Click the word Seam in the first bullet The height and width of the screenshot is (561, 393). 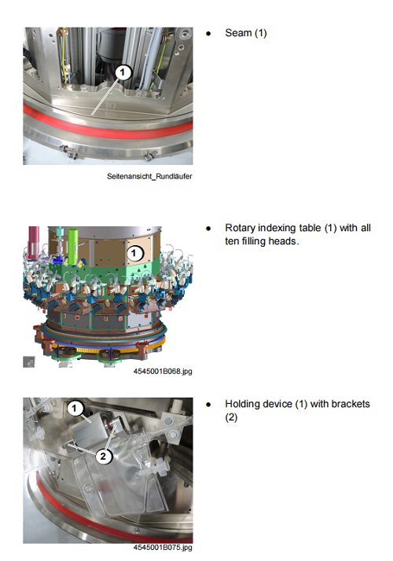click(x=238, y=33)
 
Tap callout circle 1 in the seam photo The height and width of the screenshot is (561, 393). click(x=123, y=72)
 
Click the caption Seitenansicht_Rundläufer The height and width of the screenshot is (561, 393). click(x=149, y=176)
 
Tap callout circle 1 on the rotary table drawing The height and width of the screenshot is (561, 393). click(x=134, y=253)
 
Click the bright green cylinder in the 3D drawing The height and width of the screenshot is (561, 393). click(x=73, y=247)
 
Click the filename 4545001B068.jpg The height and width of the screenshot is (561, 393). click(x=163, y=372)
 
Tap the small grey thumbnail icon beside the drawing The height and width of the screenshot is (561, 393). click(x=29, y=361)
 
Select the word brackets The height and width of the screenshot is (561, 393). click(x=351, y=404)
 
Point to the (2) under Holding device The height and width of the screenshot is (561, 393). click(x=231, y=417)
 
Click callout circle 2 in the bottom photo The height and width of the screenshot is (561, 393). click(x=103, y=456)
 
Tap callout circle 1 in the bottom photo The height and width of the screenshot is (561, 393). click(x=75, y=408)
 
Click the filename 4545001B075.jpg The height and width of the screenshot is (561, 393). click(x=163, y=548)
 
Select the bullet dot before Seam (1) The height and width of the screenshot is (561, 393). click(x=208, y=34)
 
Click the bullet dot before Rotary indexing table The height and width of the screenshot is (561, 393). click(x=208, y=229)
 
